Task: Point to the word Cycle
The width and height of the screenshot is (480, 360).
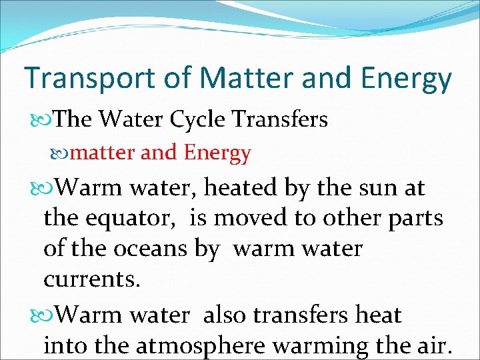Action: click(x=202, y=119)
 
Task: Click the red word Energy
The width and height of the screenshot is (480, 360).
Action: click(x=217, y=153)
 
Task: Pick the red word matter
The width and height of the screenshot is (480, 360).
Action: click(x=104, y=153)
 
